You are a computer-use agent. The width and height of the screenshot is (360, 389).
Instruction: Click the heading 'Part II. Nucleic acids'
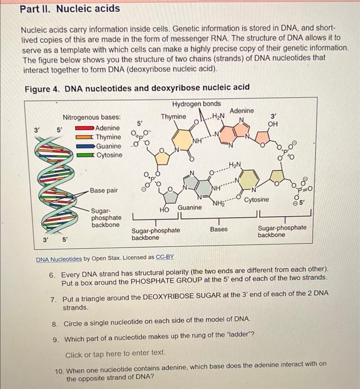click(x=70, y=8)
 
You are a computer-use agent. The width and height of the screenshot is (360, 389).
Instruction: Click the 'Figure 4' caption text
click(x=137, y=87)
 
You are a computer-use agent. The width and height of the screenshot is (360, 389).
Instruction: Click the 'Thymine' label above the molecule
click(x=173, y=117)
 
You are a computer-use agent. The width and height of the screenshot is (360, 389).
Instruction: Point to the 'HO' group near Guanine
click(x=164, y=210)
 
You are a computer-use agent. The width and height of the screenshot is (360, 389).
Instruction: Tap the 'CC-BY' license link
click(x=164, y=258)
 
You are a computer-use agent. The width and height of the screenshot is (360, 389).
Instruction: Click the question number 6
click(x=52, y=275)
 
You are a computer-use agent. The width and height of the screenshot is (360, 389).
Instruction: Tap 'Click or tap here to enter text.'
click(x=115, y=352)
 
